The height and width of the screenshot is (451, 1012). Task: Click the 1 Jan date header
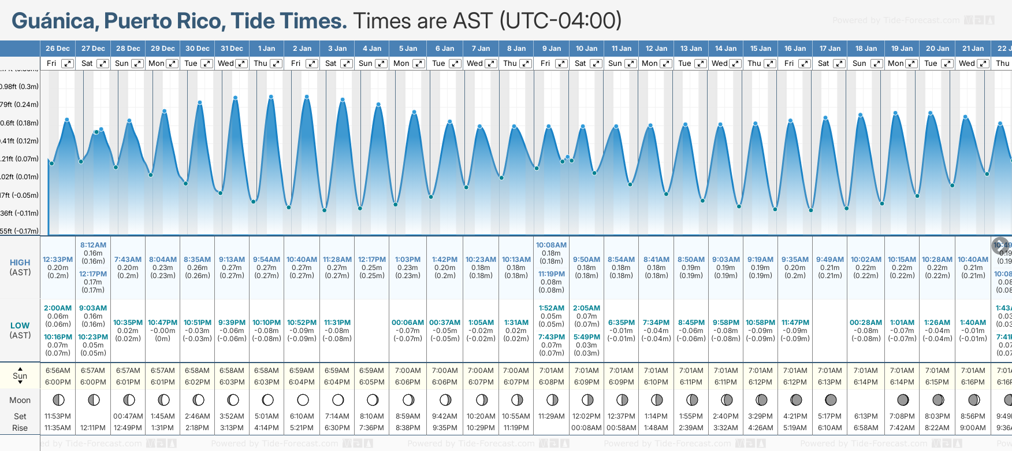click(x=266, y=49)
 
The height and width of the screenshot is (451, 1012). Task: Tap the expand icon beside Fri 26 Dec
click(x=68, y=64)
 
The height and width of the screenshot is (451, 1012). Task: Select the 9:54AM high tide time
click(x=266, y=260)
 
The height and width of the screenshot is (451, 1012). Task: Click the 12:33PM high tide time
click(x=58, y=260)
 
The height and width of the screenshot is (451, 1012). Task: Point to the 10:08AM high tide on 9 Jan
click(x=551, y=245)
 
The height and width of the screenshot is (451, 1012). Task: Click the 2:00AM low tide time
click(x=58, y=308)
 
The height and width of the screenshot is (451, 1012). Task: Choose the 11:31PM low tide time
click(x=337, y=323)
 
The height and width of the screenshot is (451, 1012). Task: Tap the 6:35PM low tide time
click(x=621, y=323)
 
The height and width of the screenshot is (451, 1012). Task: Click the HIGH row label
click(x=20, y=263)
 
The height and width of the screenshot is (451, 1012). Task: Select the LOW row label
click(x=20, y=326)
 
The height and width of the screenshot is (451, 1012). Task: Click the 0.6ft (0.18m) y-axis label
click(x=19, y=123)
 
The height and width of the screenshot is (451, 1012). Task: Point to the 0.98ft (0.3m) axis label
click(x=19, y=87)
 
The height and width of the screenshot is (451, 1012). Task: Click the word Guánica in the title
click(x=53, y=21)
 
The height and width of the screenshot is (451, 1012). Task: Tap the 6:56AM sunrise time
click(x=58, y=371)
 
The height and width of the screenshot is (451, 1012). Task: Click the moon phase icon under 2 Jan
click(x=303, y=400)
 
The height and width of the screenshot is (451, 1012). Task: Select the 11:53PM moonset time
click(x=58, y=416)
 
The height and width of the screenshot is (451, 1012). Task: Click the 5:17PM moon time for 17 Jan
click(x=829, y=416)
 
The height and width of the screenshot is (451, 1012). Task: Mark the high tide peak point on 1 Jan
click(x=271, y=97)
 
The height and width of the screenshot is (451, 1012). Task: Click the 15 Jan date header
click(x=761, y=49)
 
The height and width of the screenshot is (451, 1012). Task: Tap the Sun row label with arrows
click(x=20, y=376)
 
